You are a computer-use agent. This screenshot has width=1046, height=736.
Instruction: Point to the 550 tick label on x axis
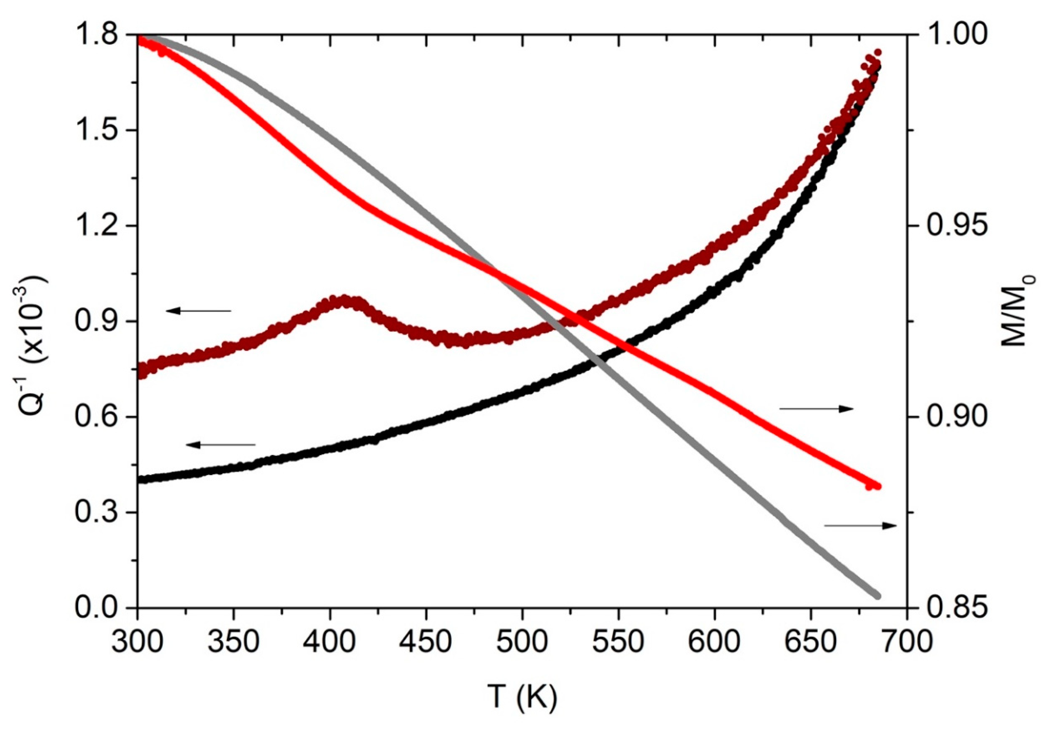618,642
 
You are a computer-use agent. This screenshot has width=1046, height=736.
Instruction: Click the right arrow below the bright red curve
816,409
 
